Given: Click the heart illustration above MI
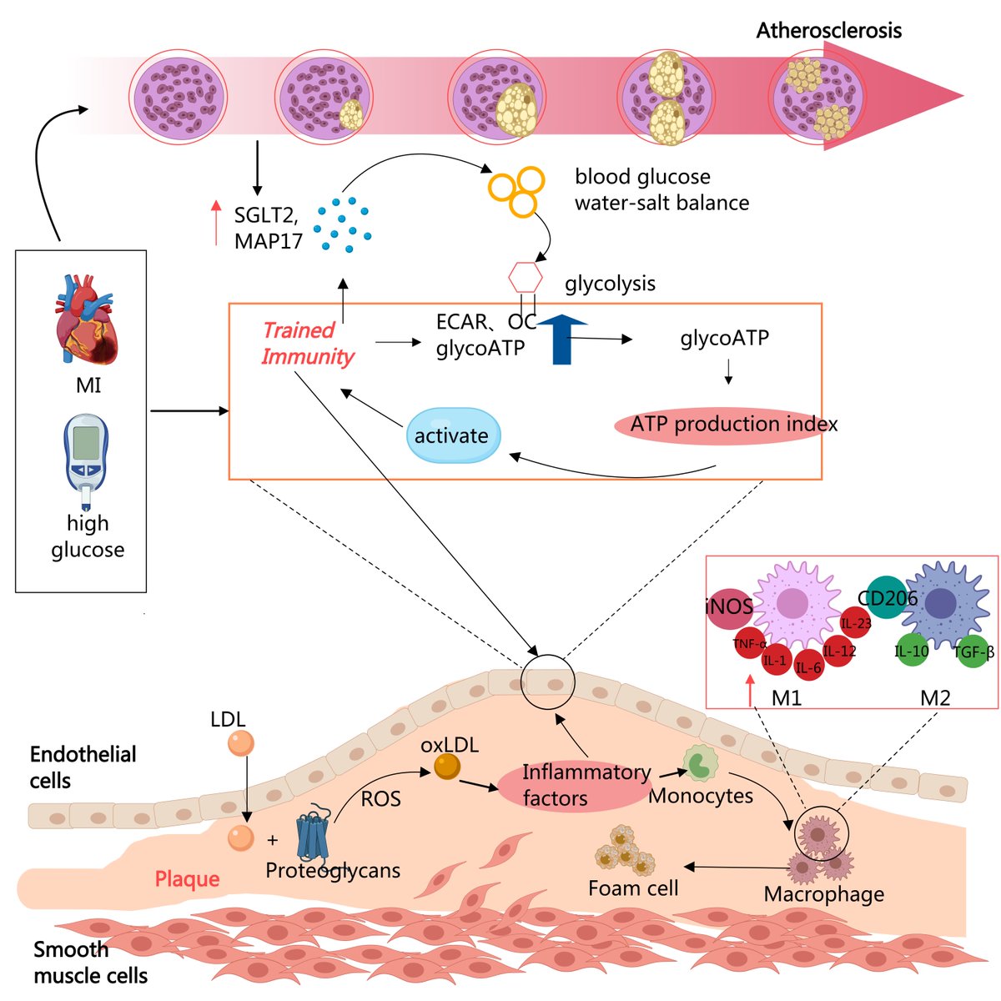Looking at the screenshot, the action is tap(86, 319).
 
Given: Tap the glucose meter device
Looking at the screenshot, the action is tap(86, 461).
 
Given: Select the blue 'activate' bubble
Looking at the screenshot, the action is tap(453, 435).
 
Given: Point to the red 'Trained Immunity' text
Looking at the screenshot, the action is tap(307, 344).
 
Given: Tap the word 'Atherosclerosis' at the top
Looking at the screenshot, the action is tap(828, 31).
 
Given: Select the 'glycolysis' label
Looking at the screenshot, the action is tap(610, 284).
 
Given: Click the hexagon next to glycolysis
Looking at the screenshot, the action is tap(526, 278).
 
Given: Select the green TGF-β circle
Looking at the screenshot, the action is tap(973, 651).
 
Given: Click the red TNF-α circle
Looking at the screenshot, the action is tap(749, 643).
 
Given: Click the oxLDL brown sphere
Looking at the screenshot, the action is tap(447, 767).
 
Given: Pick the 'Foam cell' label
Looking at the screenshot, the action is tap(633, 888).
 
